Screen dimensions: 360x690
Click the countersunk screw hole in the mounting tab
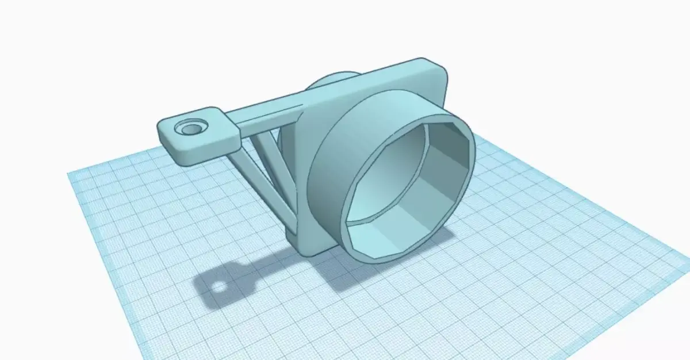click(189, 128)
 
